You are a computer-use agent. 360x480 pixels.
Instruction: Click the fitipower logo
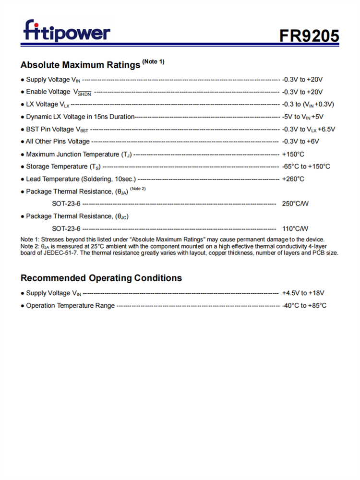[x=67, y=31]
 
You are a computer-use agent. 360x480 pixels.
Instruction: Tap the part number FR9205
[x=310, y=36]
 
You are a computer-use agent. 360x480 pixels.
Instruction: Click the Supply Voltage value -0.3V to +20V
[x=302, y=79]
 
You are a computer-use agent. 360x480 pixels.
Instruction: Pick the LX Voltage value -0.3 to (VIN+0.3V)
[x=308, y=104]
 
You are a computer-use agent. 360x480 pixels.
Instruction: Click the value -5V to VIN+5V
[x=303, y=117]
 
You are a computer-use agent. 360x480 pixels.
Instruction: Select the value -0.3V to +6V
[x=300, y=142]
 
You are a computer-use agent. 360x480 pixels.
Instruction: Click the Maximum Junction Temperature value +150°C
[x=293, y=154]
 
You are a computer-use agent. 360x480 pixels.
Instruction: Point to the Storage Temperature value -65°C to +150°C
[x=306, y=167]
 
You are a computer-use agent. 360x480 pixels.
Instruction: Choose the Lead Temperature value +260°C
[x=293, y=179]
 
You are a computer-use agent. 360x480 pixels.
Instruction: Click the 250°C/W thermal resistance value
[x=295, y=204]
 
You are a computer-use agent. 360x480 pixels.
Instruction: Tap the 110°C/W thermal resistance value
[x=295, y=228]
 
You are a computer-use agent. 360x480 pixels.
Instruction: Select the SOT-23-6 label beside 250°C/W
[x=66, y=204]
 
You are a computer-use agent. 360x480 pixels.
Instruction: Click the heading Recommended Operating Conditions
[x=101, y=278]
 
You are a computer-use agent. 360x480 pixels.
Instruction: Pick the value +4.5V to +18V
[x=303, y=293]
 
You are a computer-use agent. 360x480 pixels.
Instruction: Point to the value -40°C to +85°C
[x=304, y=305]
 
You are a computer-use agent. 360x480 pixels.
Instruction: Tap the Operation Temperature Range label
[x=70, y=305]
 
